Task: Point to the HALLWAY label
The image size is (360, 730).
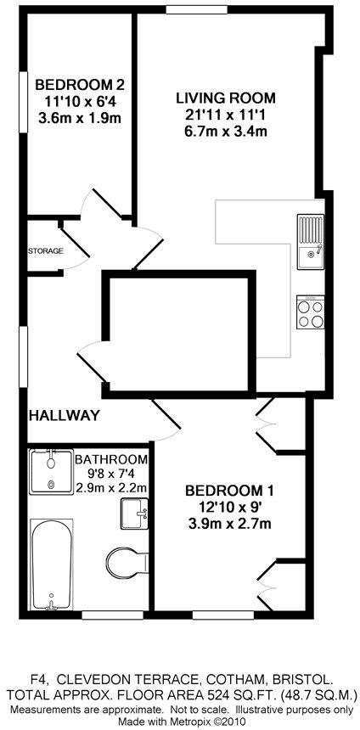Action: point(65,416)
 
